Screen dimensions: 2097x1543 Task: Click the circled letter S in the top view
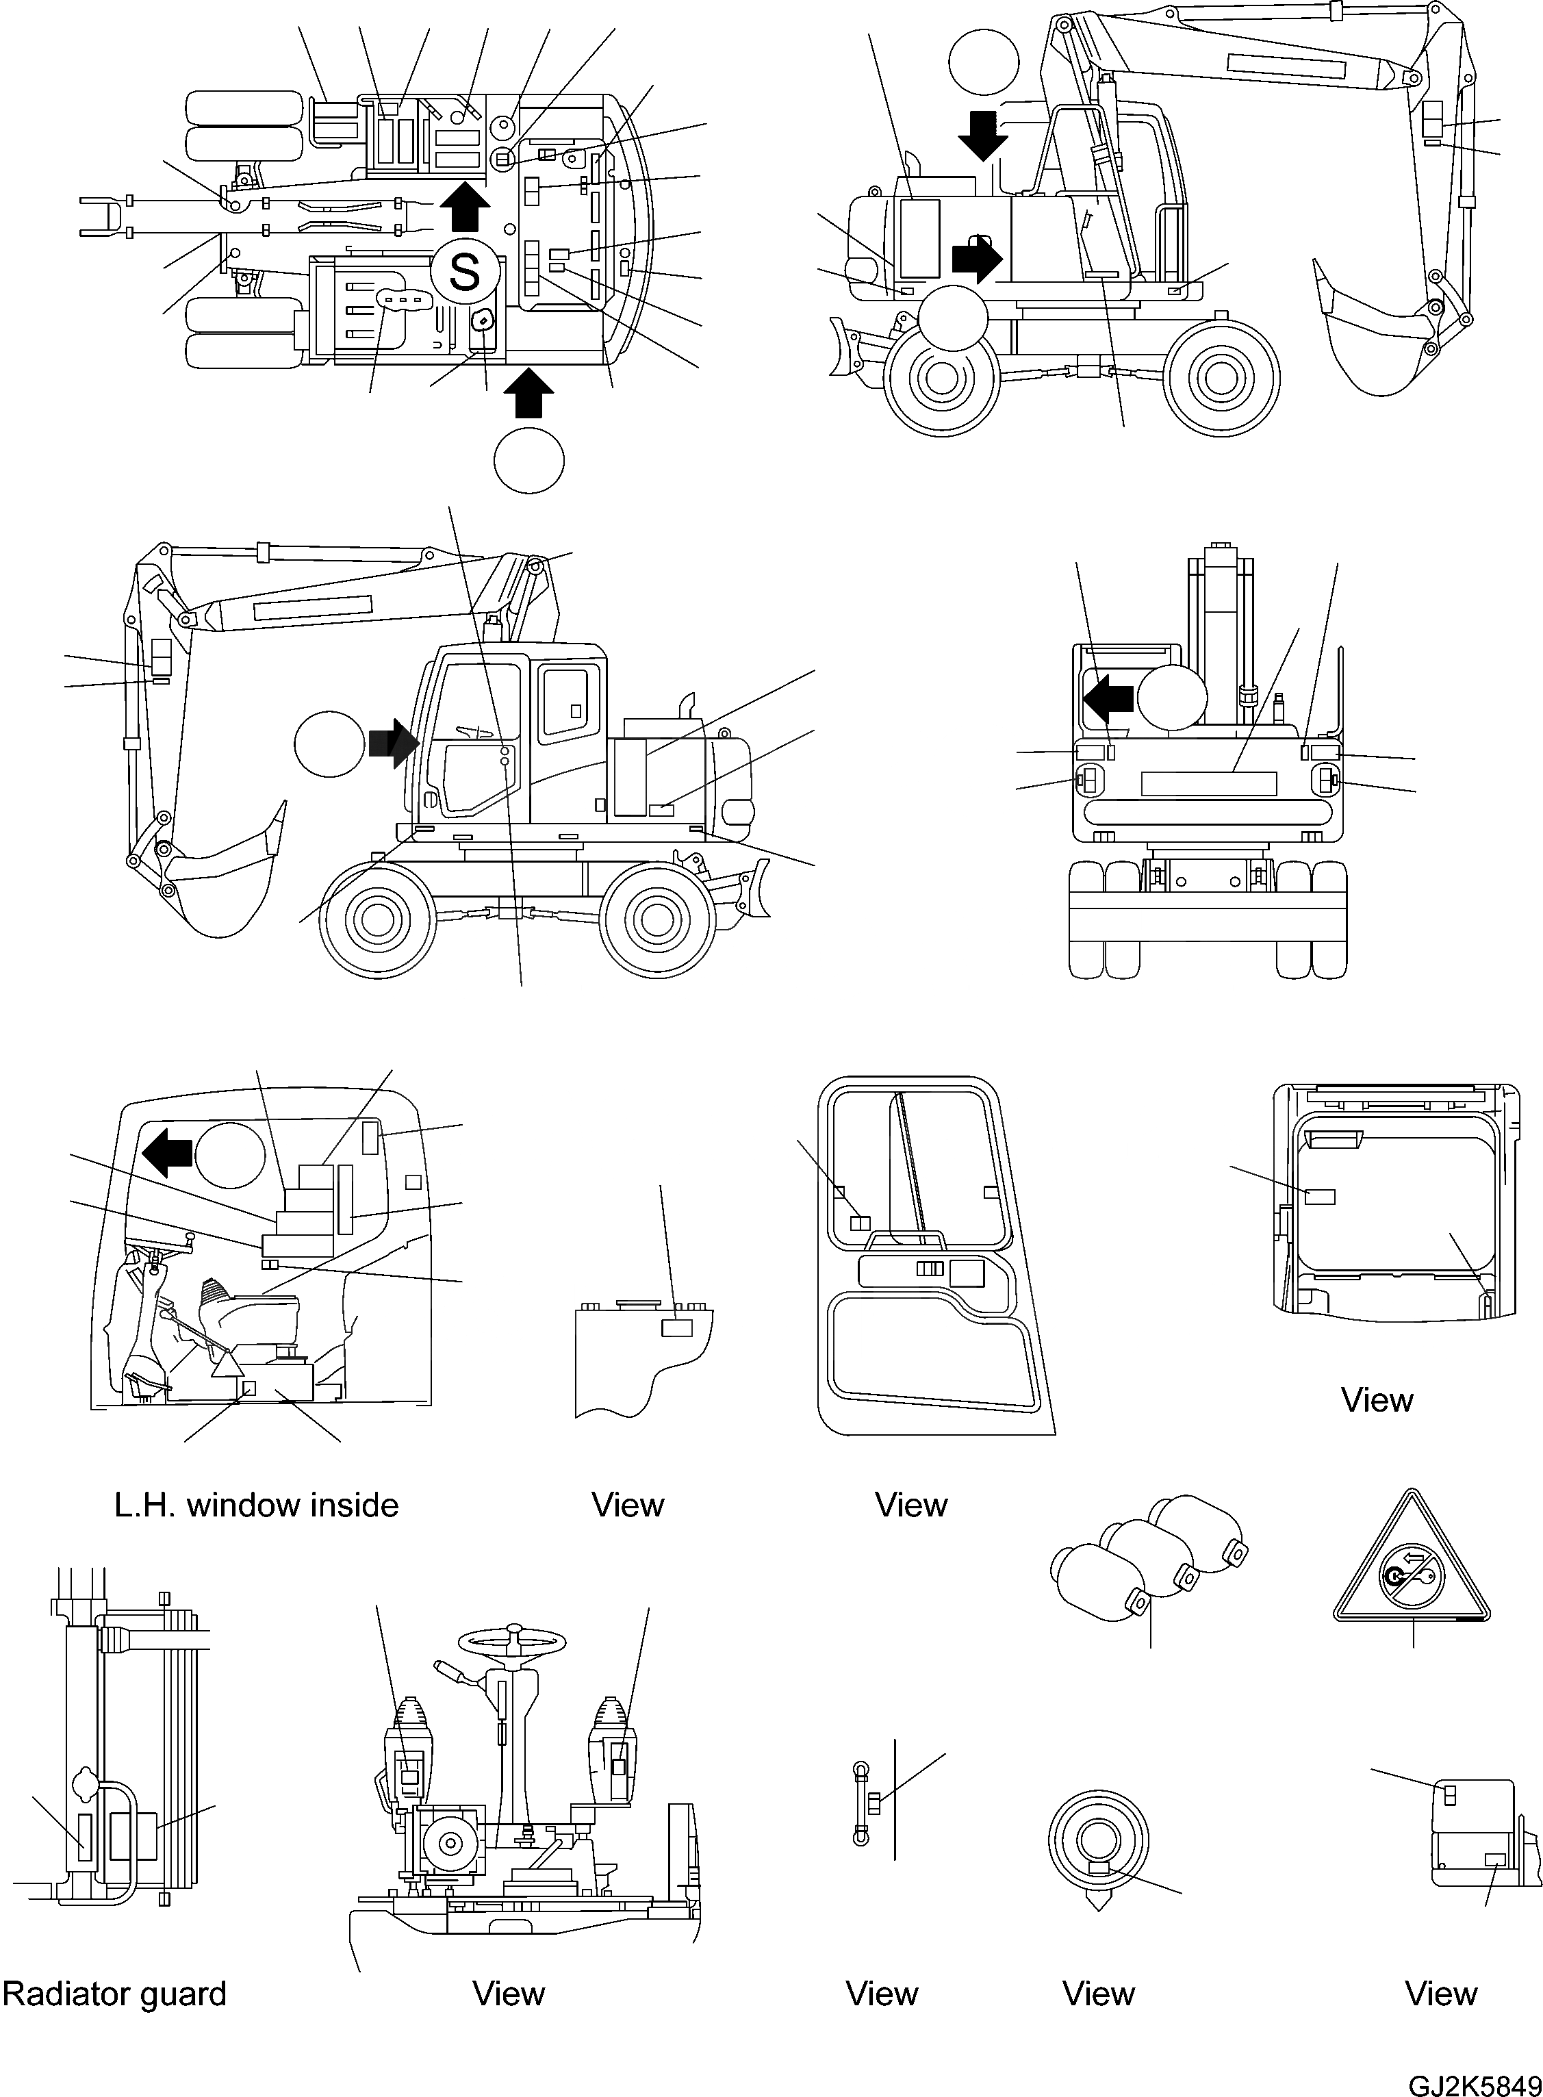coord(464,271)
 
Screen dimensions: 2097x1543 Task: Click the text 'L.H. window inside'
coord(256,1505)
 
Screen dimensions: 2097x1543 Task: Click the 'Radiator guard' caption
coord(114,1994)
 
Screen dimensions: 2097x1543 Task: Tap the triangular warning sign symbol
coord(1412,1569)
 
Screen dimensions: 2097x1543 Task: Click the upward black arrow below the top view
coord(528,393)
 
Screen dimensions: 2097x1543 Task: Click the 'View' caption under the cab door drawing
coord(910,1505)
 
